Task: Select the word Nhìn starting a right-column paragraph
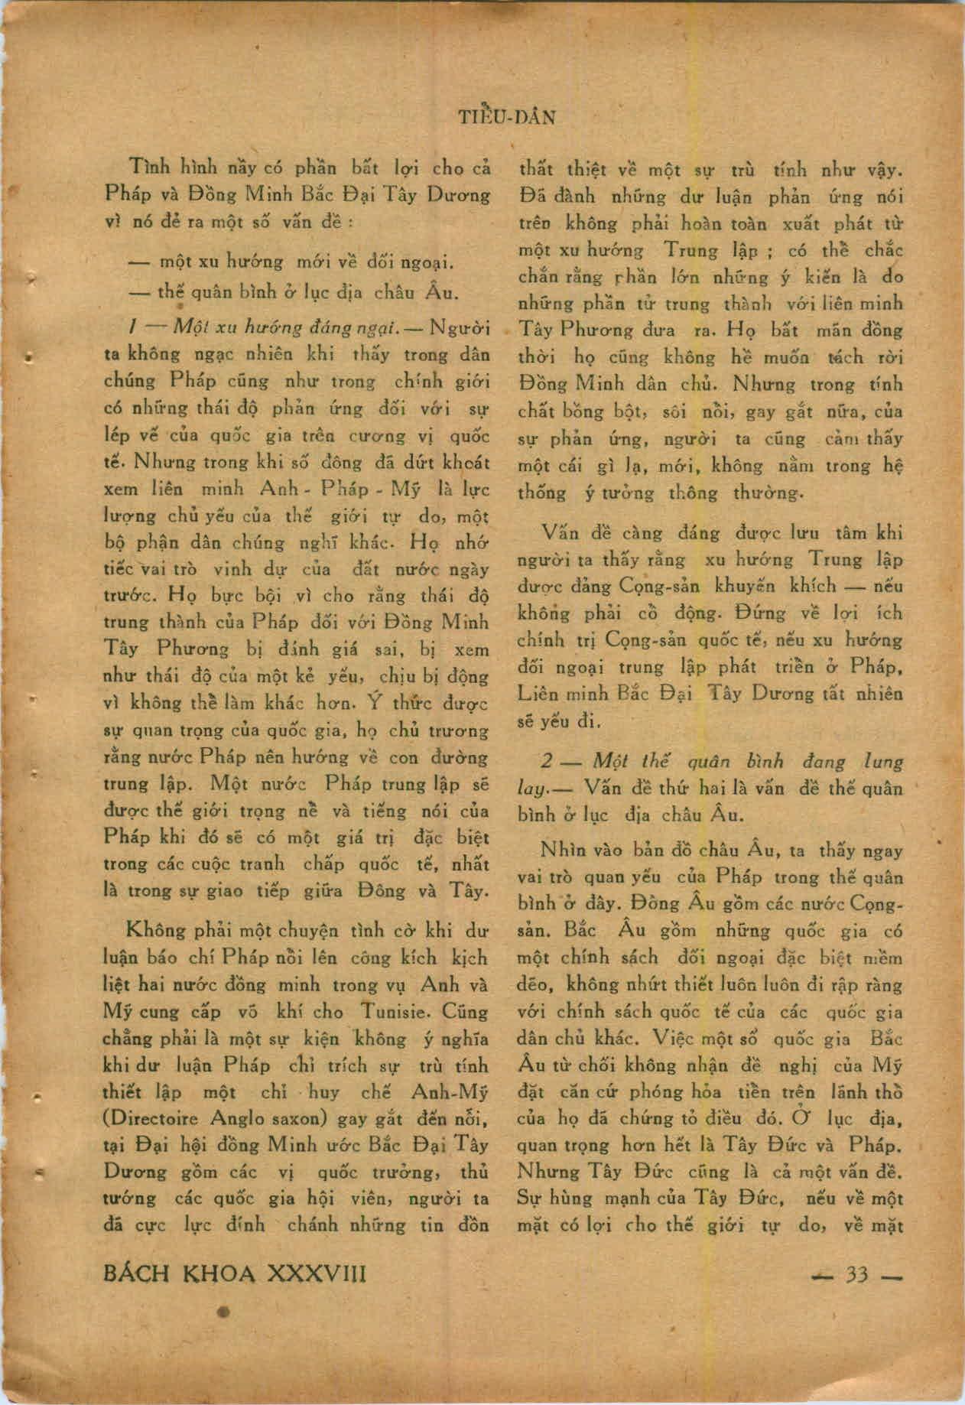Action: (564, 850)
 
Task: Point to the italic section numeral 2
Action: (546, 762)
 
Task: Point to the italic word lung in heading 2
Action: (882, 762)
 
